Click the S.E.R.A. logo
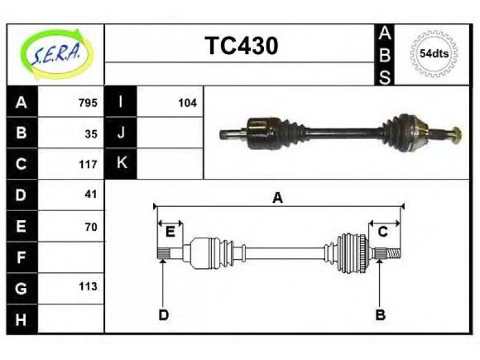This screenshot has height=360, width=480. pos(56,54)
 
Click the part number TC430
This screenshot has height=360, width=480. pos(242,46)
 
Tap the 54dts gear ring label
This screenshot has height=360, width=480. pos(434,53)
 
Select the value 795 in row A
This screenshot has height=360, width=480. pos(88,103)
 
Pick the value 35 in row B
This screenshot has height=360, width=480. pos(91,134)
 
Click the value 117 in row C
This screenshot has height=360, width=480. pos(88,164)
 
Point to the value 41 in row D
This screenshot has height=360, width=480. pos(91,194)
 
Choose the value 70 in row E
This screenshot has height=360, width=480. pos(91,227)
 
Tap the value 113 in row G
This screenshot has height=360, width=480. pos(88,286)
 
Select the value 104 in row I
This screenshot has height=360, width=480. pos(187,103)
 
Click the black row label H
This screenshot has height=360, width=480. pos(22,319)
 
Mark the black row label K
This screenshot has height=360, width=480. pos(121,163)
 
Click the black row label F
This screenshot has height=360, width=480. pos(22,257)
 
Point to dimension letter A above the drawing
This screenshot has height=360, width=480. pos(278,198)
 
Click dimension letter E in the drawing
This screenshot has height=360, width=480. pos(170,232)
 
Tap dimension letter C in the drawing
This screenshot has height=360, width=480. pos(383,232)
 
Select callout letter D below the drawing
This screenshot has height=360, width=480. pos(163,314)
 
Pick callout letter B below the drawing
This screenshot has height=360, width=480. pos(380,314)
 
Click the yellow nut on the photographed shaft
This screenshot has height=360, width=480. pos(457,135)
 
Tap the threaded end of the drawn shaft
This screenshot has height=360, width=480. pos(394,253)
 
